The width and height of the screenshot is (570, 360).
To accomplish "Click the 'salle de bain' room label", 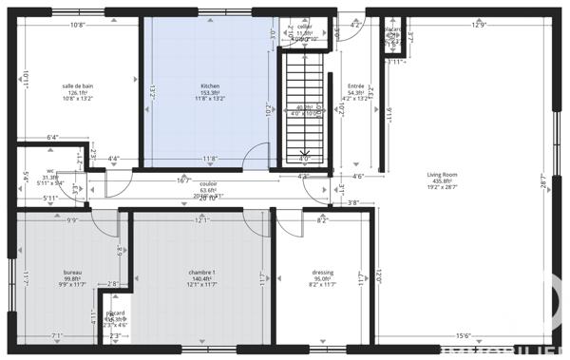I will coord(79,85).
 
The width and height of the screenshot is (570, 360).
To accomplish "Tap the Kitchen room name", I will coord(210,85).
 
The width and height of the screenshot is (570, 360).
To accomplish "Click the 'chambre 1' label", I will coord(202,273).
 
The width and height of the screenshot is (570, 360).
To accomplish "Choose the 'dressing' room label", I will coord(322,273).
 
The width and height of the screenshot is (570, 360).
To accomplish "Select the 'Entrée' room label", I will coord(356,85).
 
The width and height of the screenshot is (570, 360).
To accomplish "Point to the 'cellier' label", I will coord(304,27).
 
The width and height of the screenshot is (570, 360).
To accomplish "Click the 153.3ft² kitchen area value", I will coord(210,92).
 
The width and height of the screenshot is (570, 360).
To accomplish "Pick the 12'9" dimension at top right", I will coord(478,26).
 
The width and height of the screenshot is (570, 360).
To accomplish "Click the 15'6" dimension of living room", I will coord(465,335).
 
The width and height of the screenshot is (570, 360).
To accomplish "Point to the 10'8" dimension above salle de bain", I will coord(79,26).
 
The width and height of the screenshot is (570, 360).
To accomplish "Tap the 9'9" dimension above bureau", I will coord(72,220).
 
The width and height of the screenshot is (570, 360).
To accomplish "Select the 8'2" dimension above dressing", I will coord(322,220).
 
